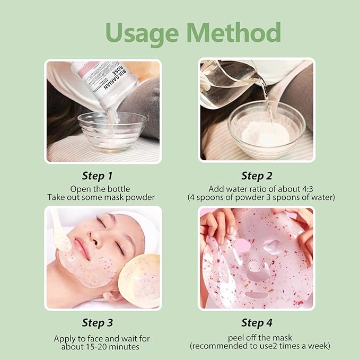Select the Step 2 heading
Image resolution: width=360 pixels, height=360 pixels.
pyautogui.click(x=260, y=175)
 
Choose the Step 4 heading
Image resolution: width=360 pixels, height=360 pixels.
pyautogui.click(x=260, y=322)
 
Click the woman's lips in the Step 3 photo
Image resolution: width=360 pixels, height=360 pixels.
pyautogui.click(x=81, y=247)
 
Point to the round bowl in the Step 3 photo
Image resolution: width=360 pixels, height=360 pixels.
pyautogui.click(x=140, y=279)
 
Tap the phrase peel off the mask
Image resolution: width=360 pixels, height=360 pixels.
pyautogui.click(x=260, y=338)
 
